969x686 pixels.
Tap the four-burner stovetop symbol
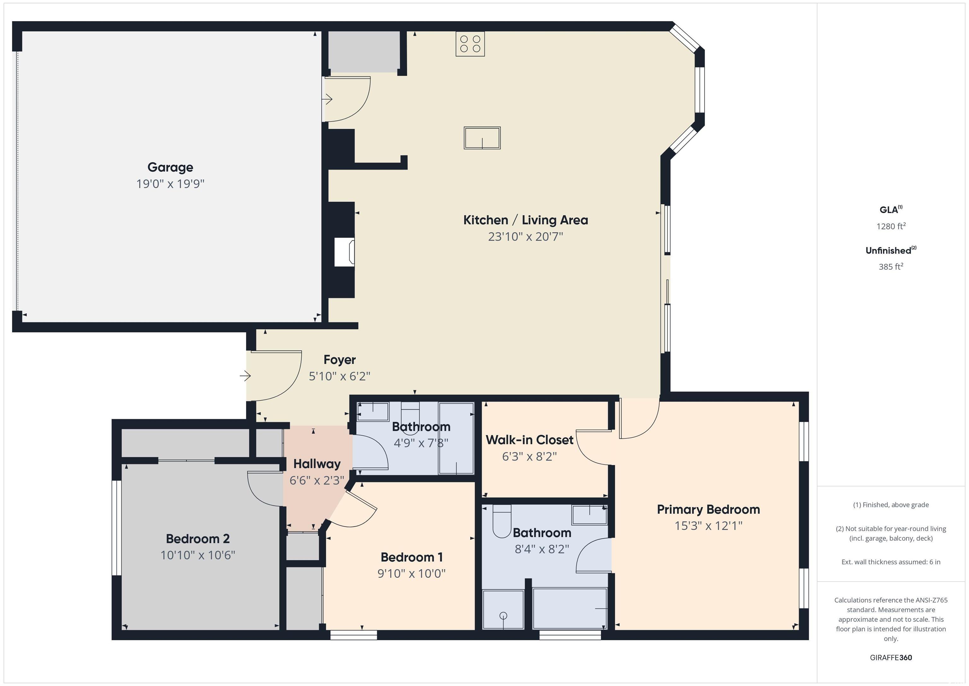pyautogui.click(x=470, y=44)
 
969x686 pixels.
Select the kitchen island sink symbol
pyautogui.click(x=482, y=138)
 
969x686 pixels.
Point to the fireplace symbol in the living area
pyautogui.click(x=344, y=252)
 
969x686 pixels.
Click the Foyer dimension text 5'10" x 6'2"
pyautogui.click(x=339, y=376)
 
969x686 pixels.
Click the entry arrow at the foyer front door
pyautogui.click(x=245, y=376)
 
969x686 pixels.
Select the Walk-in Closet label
pyautogui.click(x=530, y=440)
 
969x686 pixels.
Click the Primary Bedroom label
pyautogui.click(x=708, y=510)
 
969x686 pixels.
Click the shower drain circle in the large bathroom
pyautogui.click(x=503, y=616)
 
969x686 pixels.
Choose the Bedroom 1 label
pyautogui.click(x=412, y=557)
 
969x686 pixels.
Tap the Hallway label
pyautogui.click(x=317, y=464)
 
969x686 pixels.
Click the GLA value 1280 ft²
pyautogui.click(x=891, y=226)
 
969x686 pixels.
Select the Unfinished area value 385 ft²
pyautogui.click(x=891, y=266)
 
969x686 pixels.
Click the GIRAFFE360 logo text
pyautogui.click(x=891, y=657)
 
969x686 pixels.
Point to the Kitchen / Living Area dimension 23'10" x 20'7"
pyautogui.click(x=526, y=236)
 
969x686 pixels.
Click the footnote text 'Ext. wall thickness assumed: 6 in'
pyautogui.click(x=891, y=562)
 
